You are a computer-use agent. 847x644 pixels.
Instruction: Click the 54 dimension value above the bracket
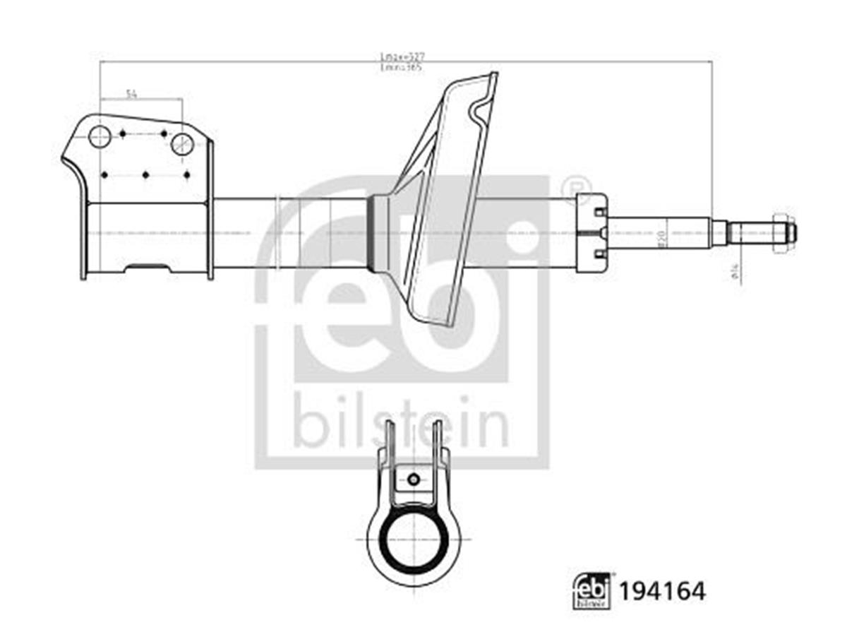[131, 93]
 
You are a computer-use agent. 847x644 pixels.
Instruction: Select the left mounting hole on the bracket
[100, 136]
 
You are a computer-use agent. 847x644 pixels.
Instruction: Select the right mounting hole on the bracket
[182, 144]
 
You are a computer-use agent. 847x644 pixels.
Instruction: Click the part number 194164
[662, 591]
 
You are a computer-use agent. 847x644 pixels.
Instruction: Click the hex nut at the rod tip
[781, 232]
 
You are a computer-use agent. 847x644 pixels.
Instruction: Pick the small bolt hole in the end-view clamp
[414, 480]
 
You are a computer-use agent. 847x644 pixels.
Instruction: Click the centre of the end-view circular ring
[414, 540]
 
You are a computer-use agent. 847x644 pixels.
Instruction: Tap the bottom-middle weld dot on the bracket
[145, 174]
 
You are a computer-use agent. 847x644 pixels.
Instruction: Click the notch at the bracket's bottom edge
[147, 268]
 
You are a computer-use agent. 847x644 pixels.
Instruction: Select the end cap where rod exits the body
[591, 232]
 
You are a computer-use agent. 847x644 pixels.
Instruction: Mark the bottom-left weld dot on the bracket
[104, 174]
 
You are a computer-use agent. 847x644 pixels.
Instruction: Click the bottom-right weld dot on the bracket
[186, 174]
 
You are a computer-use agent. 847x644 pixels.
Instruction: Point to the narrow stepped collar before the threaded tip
[719, 232]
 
